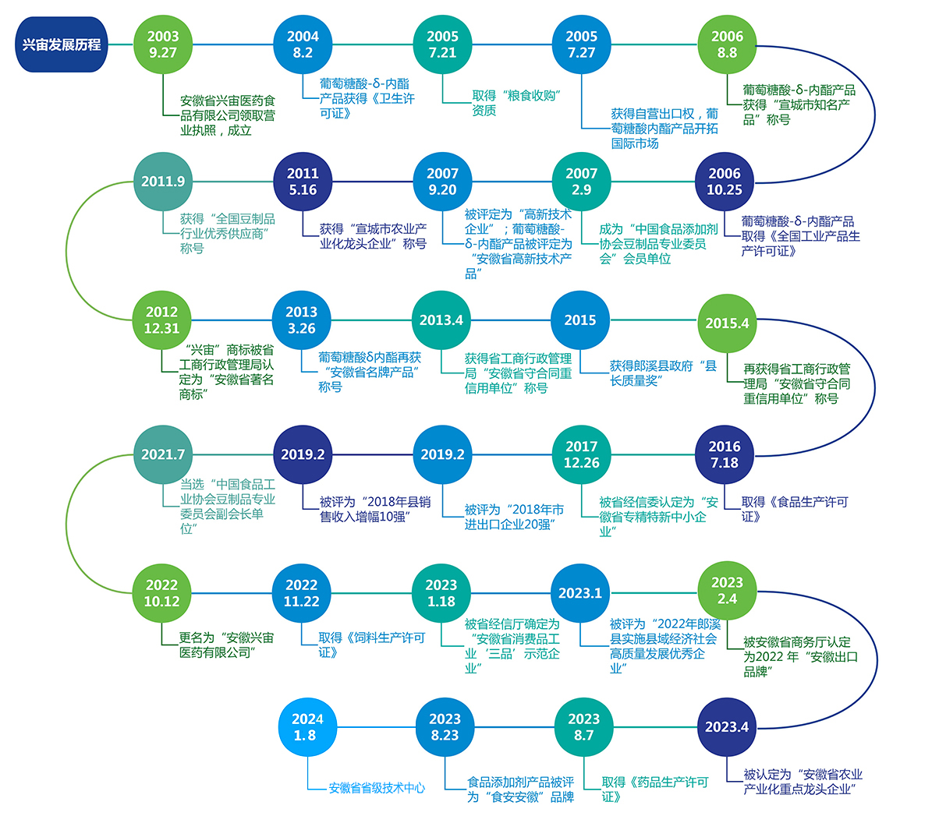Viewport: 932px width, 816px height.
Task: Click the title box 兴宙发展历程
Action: click(x=61, y=44)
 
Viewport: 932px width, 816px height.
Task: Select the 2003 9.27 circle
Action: click(x=163, y=44)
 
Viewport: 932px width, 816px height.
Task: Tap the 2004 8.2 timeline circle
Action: click(x=303, y=44)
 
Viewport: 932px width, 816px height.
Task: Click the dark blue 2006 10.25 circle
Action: click(x=725, y=182)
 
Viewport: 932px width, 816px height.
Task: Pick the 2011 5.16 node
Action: click(x=303, y=182)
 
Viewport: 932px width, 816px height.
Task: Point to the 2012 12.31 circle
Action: click(x=162, y=320)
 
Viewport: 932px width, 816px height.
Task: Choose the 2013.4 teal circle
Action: click(x=441, y=320)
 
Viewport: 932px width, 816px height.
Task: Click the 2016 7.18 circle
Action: click(x=725, y=454)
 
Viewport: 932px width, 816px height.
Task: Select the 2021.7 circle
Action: click(x=163, y=454)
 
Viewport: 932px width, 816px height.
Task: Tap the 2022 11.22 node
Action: click(x=302, y=593)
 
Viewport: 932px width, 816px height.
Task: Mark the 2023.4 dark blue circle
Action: click(x=727, y=727)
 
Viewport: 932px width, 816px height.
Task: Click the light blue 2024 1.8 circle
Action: click(x=305, y=727)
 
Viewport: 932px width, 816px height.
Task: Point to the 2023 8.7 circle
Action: click(x=584, y=727)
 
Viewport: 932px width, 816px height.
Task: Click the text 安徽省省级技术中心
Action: click(x=377, y=788)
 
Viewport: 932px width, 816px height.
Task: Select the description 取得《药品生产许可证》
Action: click(x=655, y=789)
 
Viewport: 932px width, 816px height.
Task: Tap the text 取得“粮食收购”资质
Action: click(x=517, y=103)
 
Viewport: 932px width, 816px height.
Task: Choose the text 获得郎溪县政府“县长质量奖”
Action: click(x=663, y=373)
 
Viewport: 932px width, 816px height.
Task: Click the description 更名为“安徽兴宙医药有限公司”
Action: click(x=227, y=645)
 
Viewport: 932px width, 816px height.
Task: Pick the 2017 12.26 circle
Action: click(x=582, y=454)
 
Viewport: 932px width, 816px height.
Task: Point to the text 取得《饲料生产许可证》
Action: click(x=371, y=645)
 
